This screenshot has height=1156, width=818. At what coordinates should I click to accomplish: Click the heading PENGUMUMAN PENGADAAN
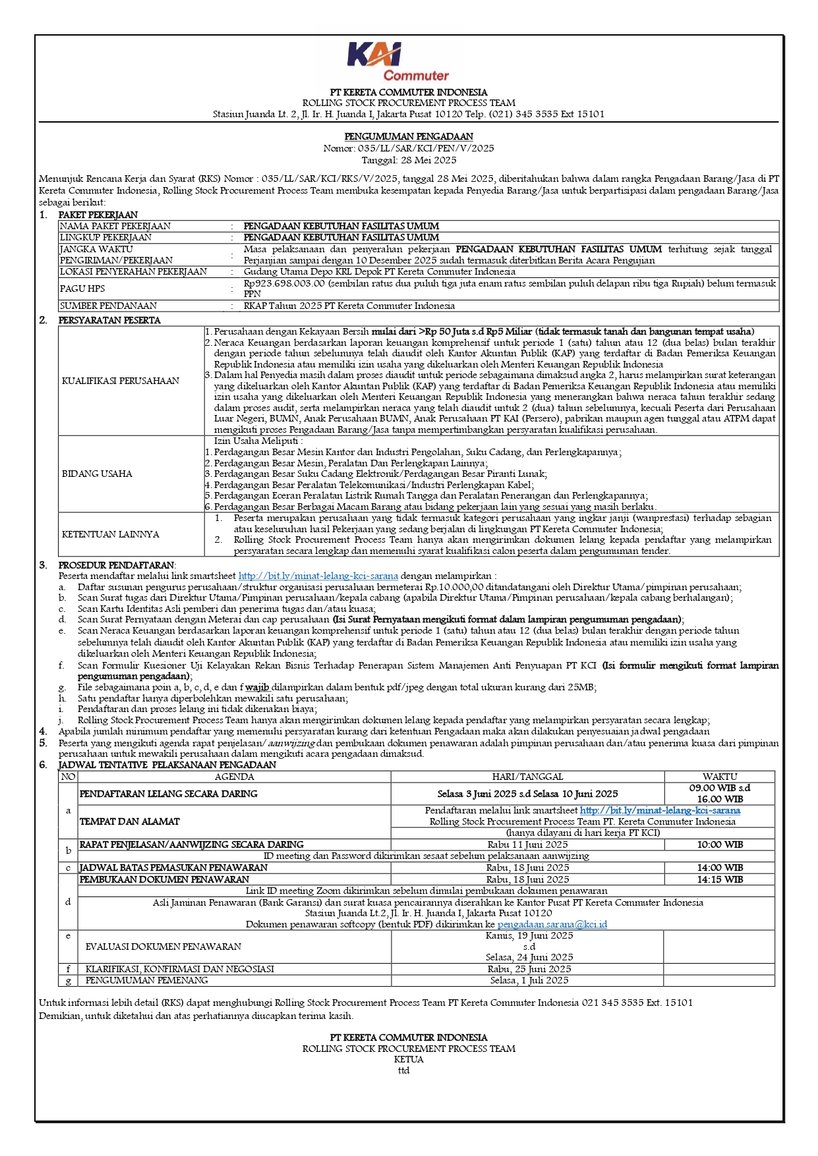pyautogui.click(x=409, y=137)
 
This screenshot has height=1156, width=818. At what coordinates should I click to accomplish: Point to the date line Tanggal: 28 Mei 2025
pyautogui.click(x=409, y=160)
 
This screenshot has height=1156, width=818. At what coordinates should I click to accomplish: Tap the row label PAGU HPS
pyautogui.click(x=82, y=289)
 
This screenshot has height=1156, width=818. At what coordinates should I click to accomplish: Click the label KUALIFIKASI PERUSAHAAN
pyautogui.click(x=121, y=381)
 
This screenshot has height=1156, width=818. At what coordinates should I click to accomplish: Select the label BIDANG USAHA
pyautogui.click(x=97, y=474)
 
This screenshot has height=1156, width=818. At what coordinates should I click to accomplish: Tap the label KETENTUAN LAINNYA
pyautogui.click(x=111, y=534)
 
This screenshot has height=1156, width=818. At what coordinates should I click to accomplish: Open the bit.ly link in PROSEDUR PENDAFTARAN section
pyautogui.click(x=318, y=576)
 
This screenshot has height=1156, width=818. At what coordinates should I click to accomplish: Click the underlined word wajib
pyautogui.click(x=257, y=687)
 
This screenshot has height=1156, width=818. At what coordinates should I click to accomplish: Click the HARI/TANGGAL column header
pyautogui.click(x=527, y=777)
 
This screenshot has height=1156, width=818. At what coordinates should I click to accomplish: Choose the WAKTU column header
pyautogui.click(x=720, y=777)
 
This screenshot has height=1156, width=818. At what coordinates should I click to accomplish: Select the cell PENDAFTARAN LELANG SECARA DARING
pyautogui.click(x=169, y=794)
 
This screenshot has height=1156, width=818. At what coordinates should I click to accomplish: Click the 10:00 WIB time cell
pyautogui.click(x=720, y=844)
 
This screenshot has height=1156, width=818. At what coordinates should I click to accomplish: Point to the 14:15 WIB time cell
pyautogui.click(x=720, y=879)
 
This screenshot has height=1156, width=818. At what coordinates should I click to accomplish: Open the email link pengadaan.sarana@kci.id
pyautogui.click(x=552, y=924)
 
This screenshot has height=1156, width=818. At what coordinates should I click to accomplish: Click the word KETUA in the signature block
pyautogui.click(x=409, y=1059)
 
